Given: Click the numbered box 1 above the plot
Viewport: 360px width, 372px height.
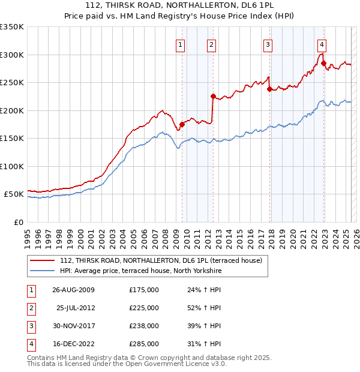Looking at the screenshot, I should [181, 44].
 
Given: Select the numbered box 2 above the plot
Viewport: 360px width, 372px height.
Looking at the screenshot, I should [212, 44].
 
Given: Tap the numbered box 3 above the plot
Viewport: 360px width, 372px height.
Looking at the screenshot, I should [268, 44].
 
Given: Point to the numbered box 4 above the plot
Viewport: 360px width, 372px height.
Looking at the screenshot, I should [322, 44].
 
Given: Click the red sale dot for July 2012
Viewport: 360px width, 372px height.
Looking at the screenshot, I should [213, 96].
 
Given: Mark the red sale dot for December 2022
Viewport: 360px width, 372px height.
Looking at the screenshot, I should [323, 63].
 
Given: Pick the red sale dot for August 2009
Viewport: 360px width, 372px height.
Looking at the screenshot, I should [182, 124].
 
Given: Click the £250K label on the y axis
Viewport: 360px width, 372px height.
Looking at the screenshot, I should [12, 83].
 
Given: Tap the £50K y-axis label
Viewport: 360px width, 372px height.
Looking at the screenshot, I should [14, 194].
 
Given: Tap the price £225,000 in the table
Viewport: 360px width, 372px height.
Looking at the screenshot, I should [144, 308].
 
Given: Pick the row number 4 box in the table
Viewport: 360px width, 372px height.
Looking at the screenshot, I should [30, 344].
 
